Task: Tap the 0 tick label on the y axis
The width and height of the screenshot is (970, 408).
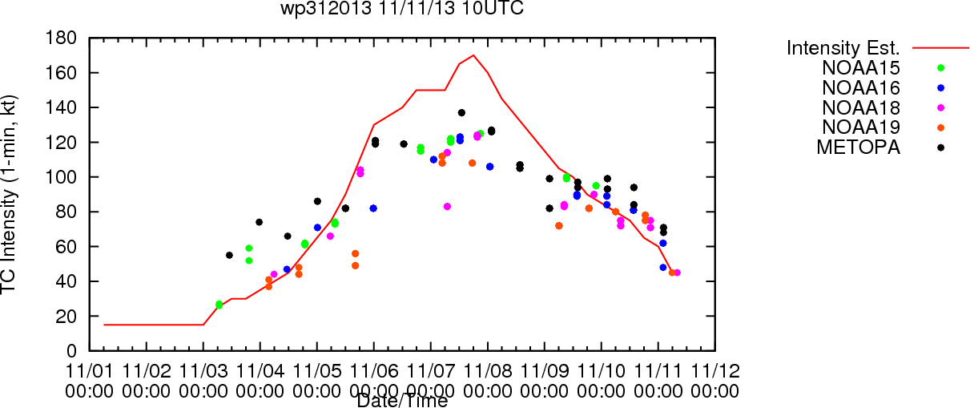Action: click(72, 351)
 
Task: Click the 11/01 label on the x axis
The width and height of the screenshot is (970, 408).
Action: click(90, 373)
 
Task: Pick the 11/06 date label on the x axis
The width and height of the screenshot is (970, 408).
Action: click(374, 373)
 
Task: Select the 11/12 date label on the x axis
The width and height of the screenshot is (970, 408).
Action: click(714, 373)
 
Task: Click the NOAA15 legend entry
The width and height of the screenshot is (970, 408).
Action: click(867, 68)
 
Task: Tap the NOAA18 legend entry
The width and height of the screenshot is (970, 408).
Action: click(867, 107)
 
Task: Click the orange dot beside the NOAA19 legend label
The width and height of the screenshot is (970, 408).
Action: click(940, 127)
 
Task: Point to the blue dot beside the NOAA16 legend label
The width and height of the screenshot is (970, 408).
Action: click(940, 88)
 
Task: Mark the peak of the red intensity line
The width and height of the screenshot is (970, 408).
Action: click(473, 55)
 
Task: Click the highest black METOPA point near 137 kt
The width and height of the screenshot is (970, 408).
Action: click(461, 112)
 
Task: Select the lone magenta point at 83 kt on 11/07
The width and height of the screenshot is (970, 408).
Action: click(447, 207)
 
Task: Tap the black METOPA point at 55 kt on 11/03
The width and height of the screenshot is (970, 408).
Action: click(229, 255)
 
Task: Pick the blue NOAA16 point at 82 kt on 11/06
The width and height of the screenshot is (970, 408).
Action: click(373, 208)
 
